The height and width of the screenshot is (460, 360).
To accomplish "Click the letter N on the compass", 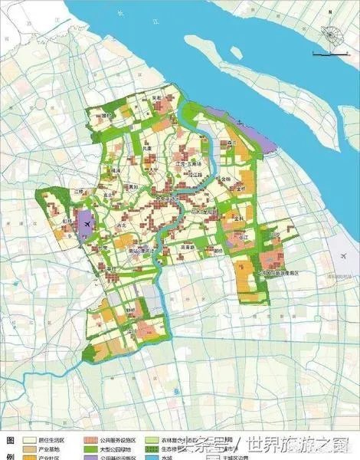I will click(329, 13).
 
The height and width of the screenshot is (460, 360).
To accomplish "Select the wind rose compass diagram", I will click(330, 35).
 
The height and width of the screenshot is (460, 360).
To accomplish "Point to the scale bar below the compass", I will click(332, 56).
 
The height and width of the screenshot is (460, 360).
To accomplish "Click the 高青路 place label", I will click(188, 247).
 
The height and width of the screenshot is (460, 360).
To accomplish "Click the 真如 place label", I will click(133, 186).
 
